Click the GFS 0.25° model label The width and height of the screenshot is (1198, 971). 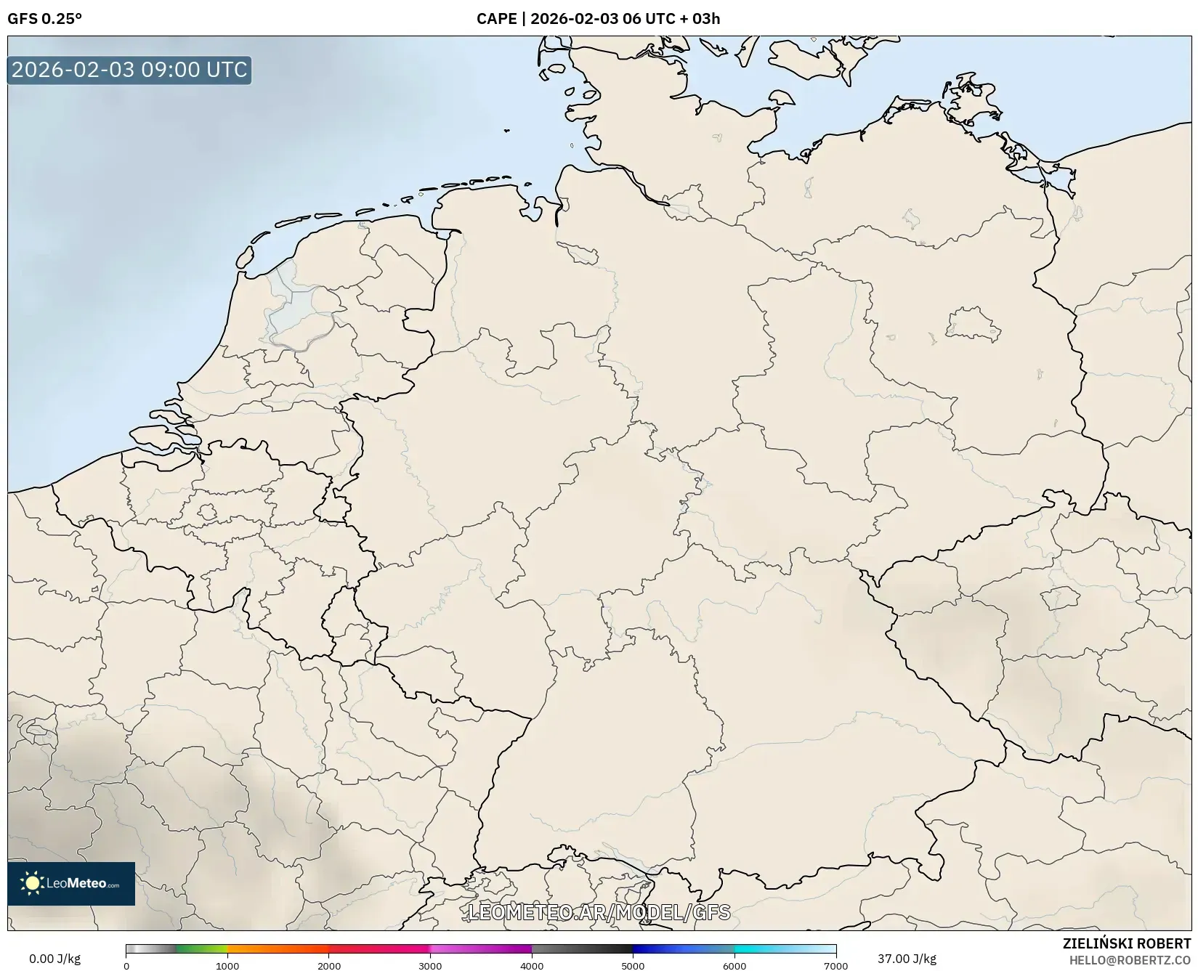click(x=44, y=19)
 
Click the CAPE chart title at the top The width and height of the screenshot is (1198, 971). click(x=598, y=19)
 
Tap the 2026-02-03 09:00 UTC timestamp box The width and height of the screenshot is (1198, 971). click(x=129, y=70)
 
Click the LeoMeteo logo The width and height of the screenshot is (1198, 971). click(x=71, y=883)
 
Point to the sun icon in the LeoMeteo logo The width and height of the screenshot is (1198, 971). click(x=32, y=883)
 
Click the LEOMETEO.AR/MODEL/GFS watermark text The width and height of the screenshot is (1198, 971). click(x=599, y=912)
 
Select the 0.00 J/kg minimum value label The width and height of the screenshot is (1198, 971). click(x=54, y=959)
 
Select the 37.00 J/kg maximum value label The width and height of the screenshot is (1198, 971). click(x=907, y=959)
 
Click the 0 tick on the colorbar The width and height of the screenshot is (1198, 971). click(x=126, y=966)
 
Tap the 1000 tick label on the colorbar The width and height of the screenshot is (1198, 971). click(x=227, y=966)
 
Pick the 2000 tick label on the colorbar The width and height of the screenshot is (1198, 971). click(x=329, y=966)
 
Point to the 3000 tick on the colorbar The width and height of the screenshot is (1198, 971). click(x=430, y=966)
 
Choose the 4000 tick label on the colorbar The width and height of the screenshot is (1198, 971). click(x=532, y=966)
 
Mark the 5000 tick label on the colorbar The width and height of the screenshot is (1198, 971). click(x=633, y=966)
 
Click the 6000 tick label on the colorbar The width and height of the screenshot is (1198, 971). click(x=734, y=966)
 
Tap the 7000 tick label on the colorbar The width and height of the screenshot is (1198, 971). click(x=835, y=966)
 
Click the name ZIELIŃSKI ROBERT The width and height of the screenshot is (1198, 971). click(x=1127, y=943)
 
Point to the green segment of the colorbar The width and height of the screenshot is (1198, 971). click(x=200, y=949)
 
